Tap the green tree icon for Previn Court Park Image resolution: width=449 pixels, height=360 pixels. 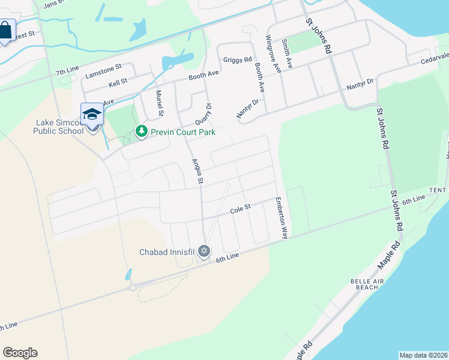point(141,131)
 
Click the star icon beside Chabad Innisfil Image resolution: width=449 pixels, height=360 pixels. point(204,251)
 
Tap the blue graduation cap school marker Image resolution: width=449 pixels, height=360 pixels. point(92,114)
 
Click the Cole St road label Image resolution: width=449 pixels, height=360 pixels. point(240,211)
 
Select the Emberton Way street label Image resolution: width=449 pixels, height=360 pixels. point(280,218)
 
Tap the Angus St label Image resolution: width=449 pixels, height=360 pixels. point(197,171)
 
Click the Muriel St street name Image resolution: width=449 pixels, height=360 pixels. point(160,103)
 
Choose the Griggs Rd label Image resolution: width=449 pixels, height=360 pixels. point(237,60)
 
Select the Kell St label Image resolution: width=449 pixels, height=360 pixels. point(118,81)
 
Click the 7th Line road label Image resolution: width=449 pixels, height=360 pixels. point(67,72)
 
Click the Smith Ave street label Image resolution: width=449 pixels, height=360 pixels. point(288,54)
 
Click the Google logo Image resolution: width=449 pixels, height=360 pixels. point(20,353)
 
